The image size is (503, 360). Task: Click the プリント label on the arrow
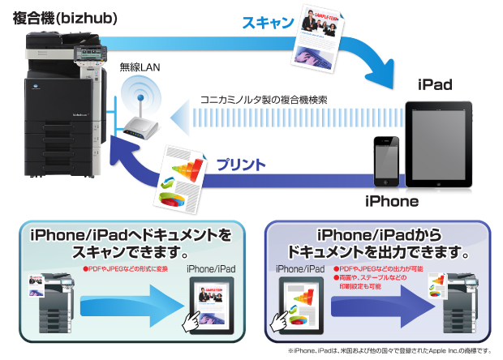click(241, 165)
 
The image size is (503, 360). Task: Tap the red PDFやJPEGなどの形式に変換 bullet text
click(126, 268)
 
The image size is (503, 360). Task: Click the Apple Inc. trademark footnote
click(389, 351)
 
